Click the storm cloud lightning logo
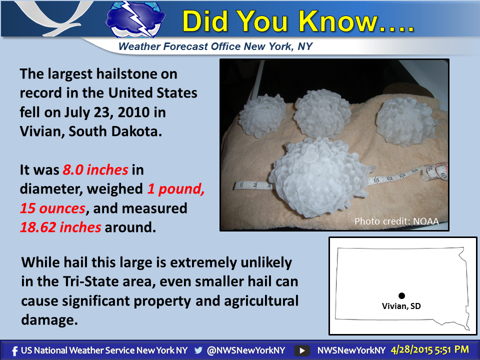(x=135, y=19)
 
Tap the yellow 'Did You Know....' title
(x=298, y=21)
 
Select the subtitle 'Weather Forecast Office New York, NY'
(x=215, y=46)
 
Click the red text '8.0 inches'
(x=95, y=169)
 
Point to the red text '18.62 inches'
(x=60, y=227)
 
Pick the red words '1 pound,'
(x=176, y=189)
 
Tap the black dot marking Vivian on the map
(x=401, y=295)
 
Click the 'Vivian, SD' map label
(x=401, y=306)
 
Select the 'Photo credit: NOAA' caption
(x=396, y=221)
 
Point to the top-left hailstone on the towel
(x=262, y=115)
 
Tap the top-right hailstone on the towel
(x=405, y=121)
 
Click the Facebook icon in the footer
(x=14, y=351)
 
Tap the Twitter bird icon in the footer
(x=198, y=350)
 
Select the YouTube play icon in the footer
(x=302, y=350)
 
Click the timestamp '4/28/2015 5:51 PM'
(x=430, y=350)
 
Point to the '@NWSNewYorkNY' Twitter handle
(x=246, y=350)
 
